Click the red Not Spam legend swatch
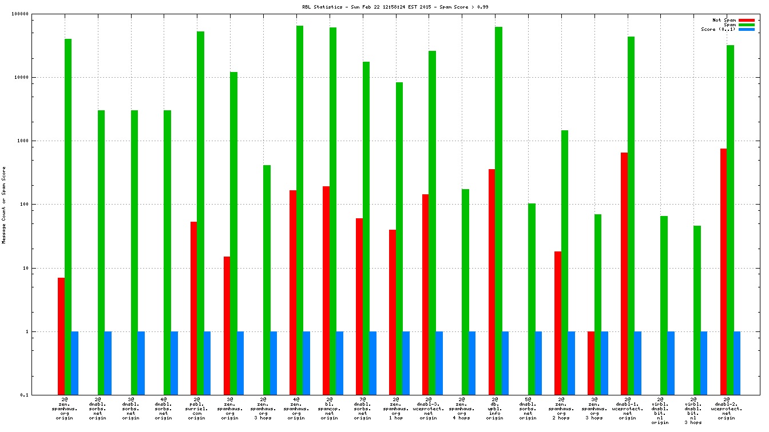click(x=747, y=21)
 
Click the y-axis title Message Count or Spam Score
click(x=4, y=205)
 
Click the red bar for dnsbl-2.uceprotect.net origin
click(x=724, y=271)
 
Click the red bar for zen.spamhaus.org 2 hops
click(x=558, y=322)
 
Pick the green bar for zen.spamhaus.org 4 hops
click(x=465, y=291)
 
